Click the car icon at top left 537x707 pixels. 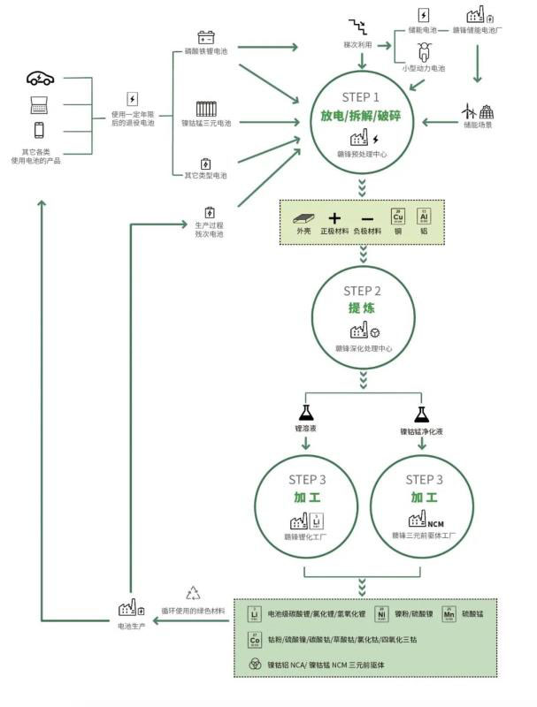pyautogui.click(x=40, y=79)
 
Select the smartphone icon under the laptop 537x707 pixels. pyautogui.click(x=40, y=130)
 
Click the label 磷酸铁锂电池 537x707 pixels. pyautogui.click(x=205, y=51)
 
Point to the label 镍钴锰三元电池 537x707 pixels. pyautogui.click(x=205, y=124)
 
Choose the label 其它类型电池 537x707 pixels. pyautogui.click(x=205, y=176)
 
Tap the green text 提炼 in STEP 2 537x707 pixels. pyautogui.click(x=362, y=309)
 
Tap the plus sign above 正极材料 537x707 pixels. pyautogui.click(x=334, y=217)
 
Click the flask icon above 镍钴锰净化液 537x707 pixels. pyautogui.click(x=421, y=414)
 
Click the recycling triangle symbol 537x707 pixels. pyautogui.click(x=193, y=594)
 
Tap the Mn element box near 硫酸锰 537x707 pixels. pyautogui.click(x=449, y=612)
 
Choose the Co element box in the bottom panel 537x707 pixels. pyautogui.click(x=255, y=638)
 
